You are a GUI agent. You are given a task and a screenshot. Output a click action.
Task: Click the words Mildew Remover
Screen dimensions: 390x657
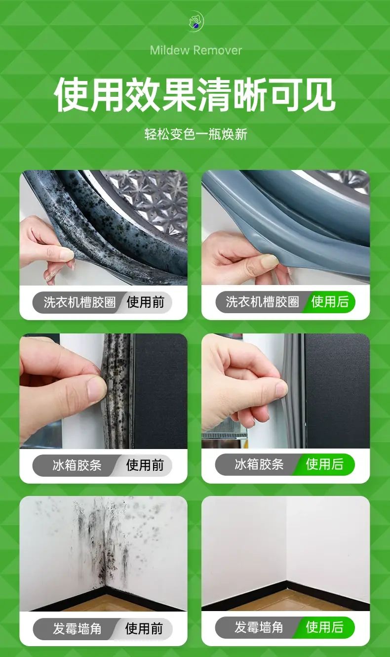(x=195, y=50)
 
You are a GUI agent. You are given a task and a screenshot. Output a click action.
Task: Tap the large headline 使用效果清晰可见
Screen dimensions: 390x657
(x=195, y=95)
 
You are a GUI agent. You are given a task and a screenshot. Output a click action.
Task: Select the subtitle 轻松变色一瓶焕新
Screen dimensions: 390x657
(x=195, y=134)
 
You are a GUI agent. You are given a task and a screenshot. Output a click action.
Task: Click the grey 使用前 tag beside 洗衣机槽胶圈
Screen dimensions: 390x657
(x=145, y=302)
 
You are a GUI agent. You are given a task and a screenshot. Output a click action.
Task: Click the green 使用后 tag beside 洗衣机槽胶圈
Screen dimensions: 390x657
(x=330, y=301)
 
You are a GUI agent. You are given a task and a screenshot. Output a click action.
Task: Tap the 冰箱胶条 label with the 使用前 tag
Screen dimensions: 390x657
(x=77, y=465)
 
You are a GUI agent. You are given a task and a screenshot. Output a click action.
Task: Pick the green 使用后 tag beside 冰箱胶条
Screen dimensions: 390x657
(x=325, y=464)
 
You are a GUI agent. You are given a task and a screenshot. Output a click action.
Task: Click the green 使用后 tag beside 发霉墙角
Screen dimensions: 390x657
(x=325, y=627)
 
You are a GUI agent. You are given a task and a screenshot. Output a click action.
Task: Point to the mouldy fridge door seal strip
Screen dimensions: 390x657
(x=117, y=391)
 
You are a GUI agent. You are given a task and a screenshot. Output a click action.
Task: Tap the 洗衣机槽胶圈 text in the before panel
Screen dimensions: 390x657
(x=79, y=302)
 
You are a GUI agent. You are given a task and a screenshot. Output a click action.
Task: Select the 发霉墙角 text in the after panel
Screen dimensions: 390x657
(x=259, y=627)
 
